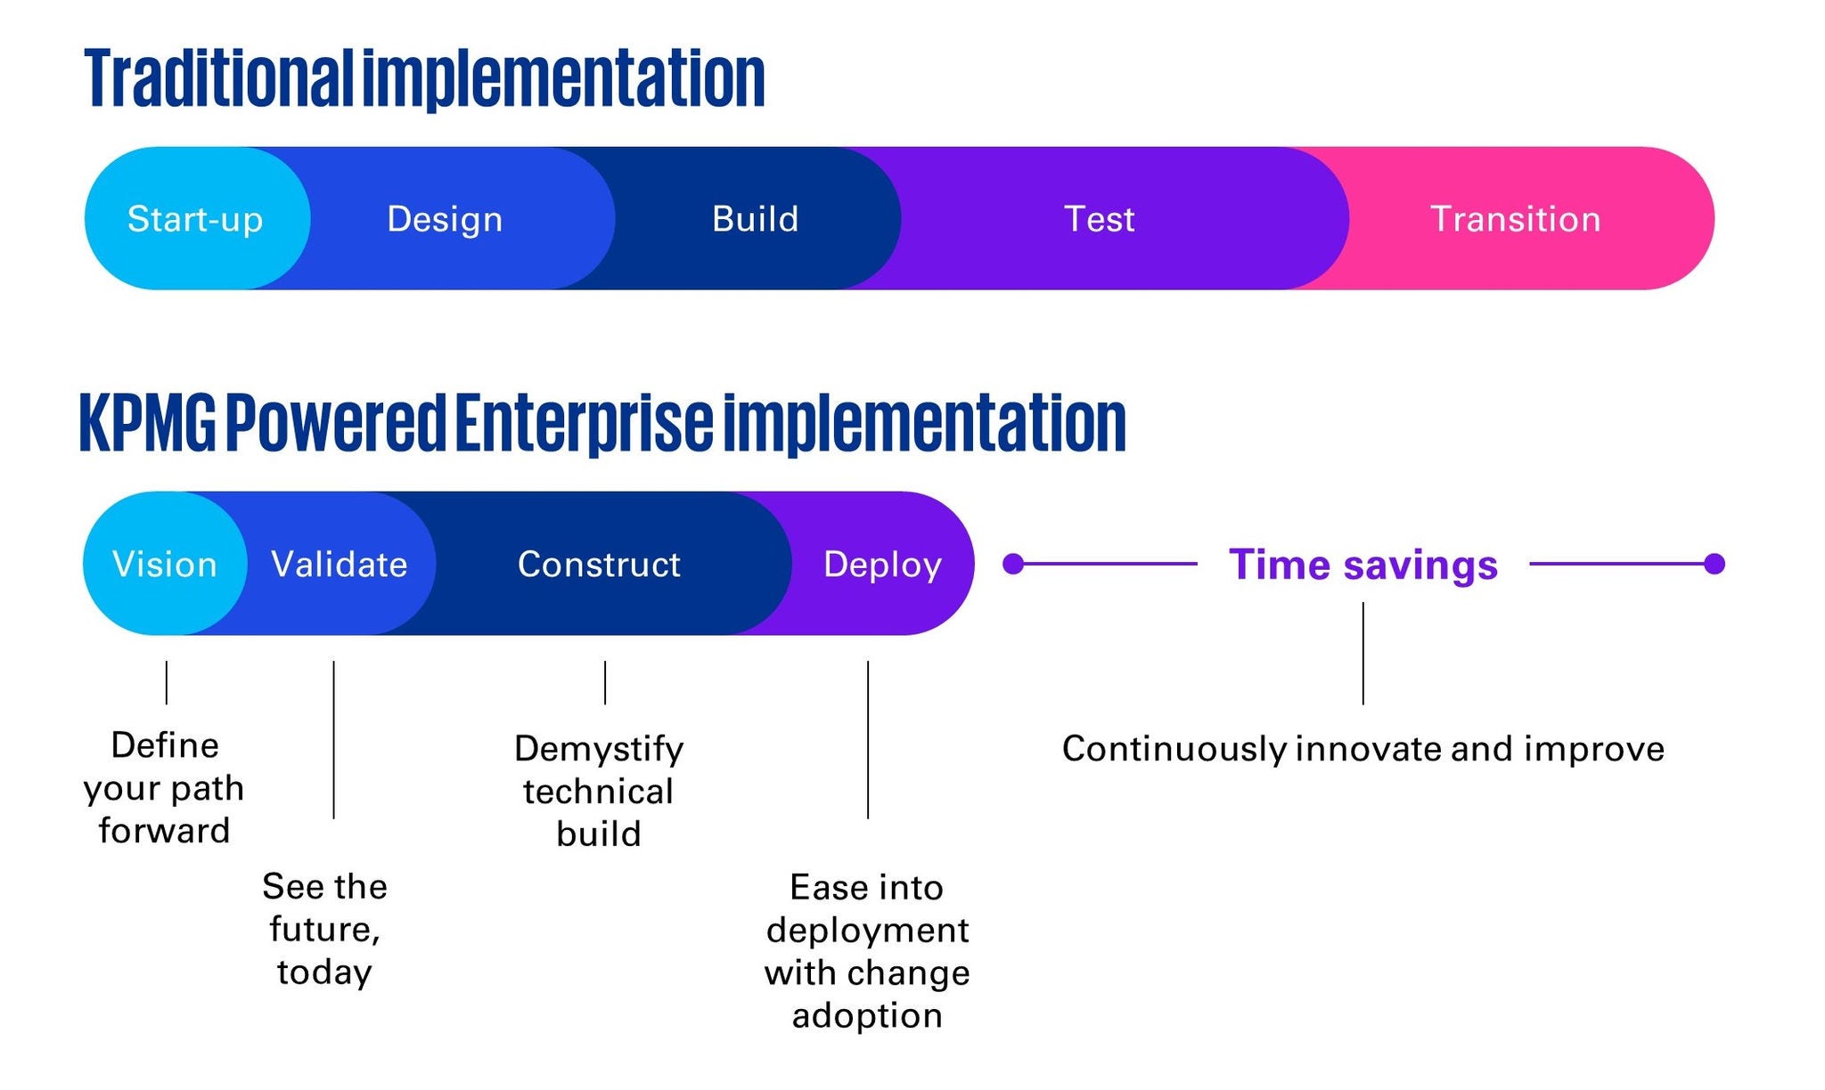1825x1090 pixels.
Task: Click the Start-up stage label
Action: coord(195,219)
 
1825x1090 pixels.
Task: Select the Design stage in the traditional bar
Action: coord(445,219)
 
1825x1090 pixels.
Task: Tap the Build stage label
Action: coord(755,219)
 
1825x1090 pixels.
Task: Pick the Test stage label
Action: coord(1099,219)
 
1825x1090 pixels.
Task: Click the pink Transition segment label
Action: coord(1515,219)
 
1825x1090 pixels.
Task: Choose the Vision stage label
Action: coord(165,565)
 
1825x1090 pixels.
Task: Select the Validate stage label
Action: coord(339,565)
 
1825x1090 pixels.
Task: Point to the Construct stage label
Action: coord(599,565)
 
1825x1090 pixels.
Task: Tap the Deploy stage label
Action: coord(882,565)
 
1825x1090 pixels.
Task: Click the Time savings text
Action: coord(1363,565)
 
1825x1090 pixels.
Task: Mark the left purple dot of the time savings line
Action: coord(1013,564)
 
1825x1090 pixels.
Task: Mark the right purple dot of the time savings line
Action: coord(1714,564)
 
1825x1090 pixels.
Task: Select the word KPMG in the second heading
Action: coord(148,424)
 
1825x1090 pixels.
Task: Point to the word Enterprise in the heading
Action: coord(584,424)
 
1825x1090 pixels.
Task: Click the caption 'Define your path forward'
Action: coord(164,788)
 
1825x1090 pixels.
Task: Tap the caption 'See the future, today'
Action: coord(324,929)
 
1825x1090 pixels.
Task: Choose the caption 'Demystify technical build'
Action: coord(599,791)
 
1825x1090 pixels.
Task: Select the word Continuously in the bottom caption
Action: coord(1174,749)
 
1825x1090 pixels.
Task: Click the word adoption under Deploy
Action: coord(867,1015)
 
